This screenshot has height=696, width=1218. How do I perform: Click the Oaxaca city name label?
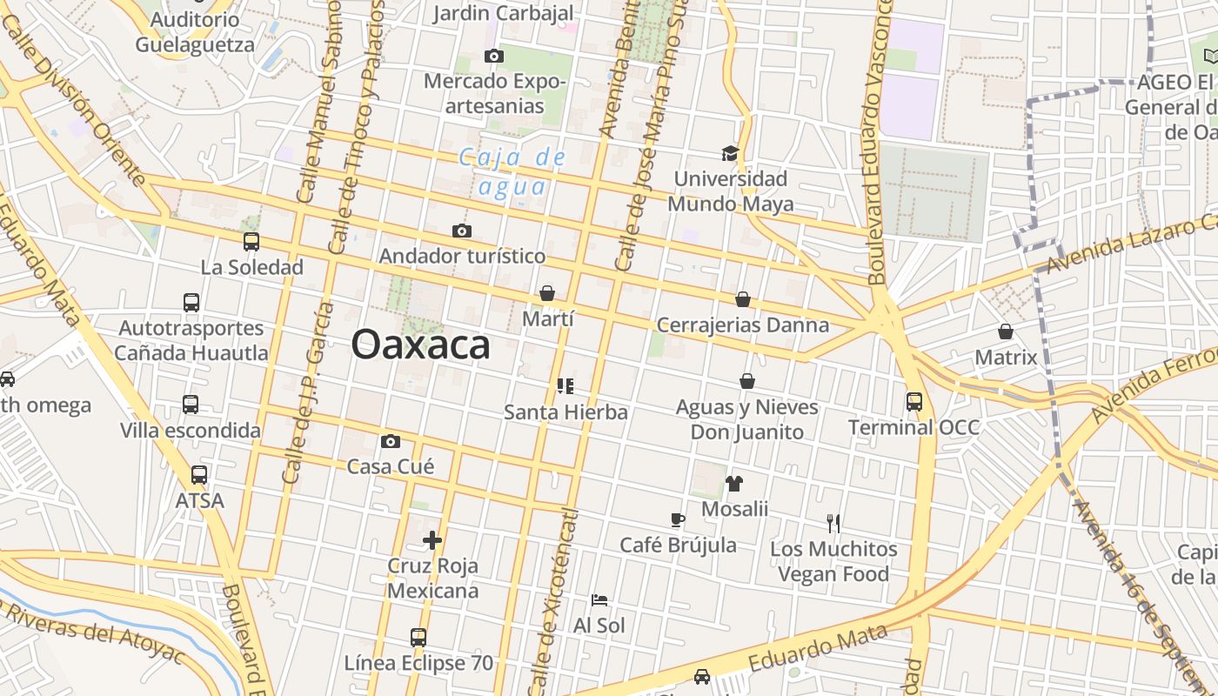420,345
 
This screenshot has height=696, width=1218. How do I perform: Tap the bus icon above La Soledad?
251,242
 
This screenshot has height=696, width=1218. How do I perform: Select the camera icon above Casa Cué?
391,441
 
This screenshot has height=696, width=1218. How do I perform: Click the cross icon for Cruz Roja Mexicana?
432,540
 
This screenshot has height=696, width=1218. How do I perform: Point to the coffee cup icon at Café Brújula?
678,520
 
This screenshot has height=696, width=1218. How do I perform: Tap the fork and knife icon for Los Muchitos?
833,523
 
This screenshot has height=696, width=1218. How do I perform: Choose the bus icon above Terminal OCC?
913,402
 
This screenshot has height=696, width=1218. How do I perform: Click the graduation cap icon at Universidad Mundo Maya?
730,153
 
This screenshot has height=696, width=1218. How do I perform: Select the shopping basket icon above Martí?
547,294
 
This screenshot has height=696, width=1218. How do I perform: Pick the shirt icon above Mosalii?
734,484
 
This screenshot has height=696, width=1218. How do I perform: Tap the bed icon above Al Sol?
599,600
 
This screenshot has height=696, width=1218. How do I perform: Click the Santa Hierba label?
565,412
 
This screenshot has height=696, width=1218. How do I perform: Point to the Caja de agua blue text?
512,171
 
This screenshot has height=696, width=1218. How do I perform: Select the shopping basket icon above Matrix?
1006,331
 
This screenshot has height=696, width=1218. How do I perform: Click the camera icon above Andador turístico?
462,231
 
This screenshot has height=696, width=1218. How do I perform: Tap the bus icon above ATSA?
199,475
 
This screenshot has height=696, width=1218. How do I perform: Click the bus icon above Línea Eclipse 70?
418,638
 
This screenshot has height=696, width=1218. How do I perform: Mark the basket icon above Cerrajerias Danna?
743,299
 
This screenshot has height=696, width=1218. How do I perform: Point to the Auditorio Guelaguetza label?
195,32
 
